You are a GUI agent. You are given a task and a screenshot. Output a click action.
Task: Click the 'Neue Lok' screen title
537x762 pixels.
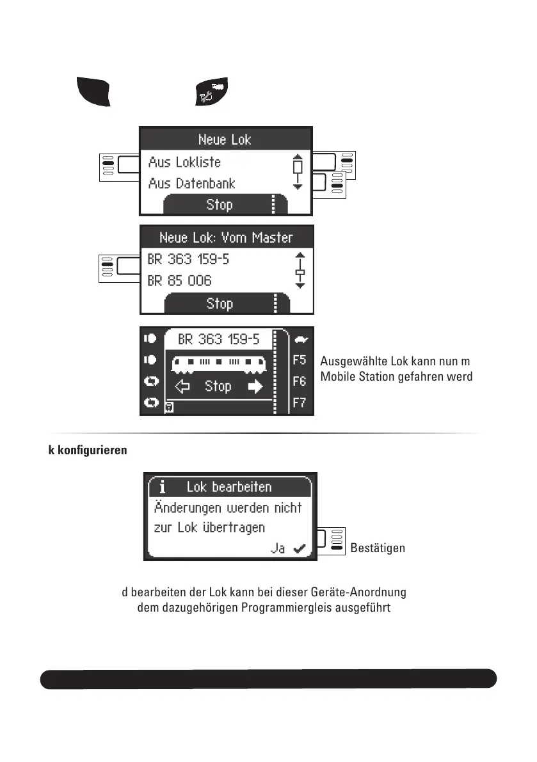pos(225,139)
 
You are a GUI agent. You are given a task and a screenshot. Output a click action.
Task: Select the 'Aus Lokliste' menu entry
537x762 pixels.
pos(184,162)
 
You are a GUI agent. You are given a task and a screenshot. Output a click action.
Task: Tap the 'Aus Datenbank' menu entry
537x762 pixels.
pos(191,184)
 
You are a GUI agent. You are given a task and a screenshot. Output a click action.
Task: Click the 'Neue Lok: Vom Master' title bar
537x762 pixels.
pos(226,238)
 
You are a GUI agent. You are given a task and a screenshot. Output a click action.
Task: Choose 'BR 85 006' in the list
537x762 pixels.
pos(179,281)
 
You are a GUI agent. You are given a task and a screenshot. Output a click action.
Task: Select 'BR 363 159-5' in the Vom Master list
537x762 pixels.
pos(188,260)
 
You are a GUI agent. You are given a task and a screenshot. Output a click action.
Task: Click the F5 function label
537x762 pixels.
pos(300,360)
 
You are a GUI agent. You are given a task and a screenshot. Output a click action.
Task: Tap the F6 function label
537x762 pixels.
pos(300,381)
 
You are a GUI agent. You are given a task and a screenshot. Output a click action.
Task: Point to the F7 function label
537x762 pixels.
pos(300,402)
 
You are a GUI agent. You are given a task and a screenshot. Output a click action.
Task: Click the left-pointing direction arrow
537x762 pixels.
pos(183,386)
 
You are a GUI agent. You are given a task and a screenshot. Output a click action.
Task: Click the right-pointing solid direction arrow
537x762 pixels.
pos(255,386)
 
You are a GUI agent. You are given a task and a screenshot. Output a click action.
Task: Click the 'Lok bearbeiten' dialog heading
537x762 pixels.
pos(229,487)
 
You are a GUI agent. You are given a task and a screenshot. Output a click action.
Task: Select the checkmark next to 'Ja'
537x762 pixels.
pos(298,548)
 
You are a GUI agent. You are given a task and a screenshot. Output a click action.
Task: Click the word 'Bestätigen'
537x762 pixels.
pos(378,548)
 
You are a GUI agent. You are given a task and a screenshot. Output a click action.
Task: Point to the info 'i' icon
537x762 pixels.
pos(162,487)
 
